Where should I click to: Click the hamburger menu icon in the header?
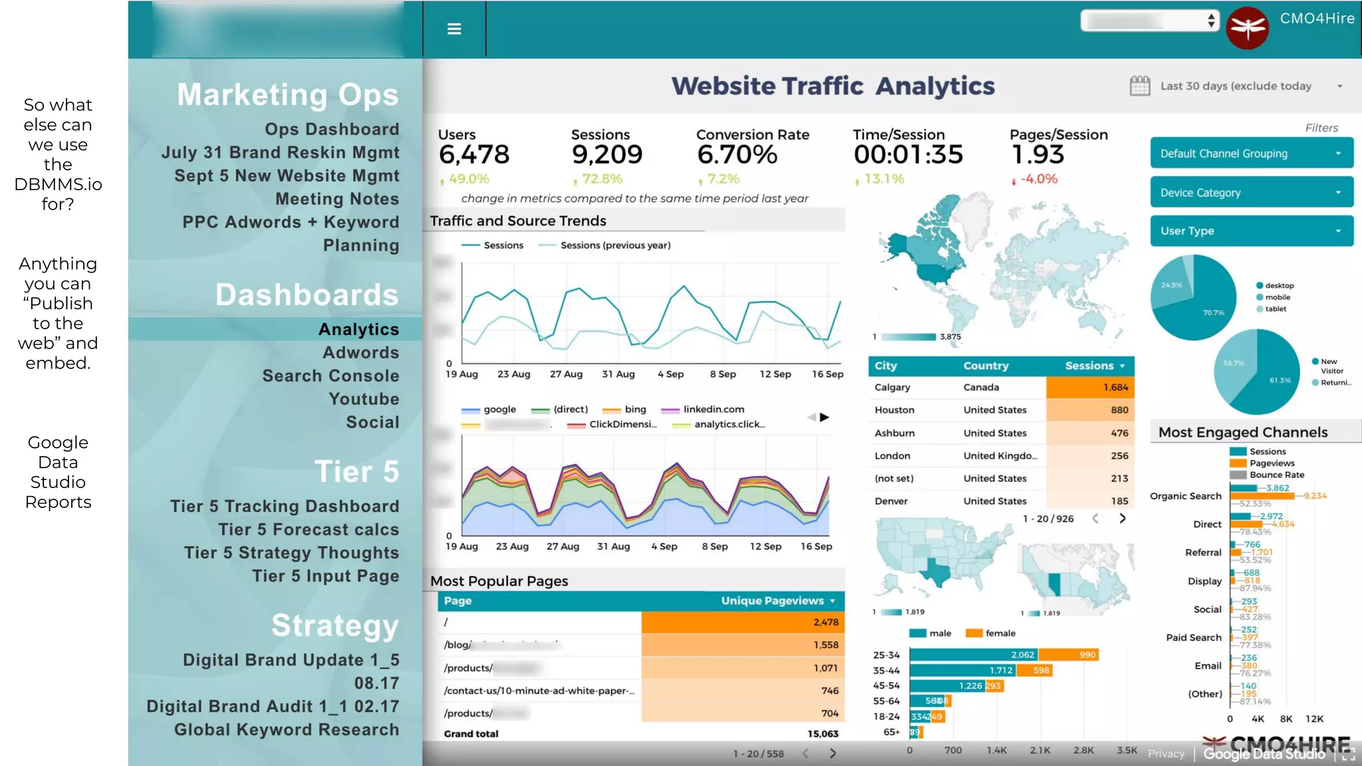(454, 29)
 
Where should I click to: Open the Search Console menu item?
(331, 376)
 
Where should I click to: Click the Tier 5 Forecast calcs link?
(309, 529)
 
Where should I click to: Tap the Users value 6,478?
(474, 155)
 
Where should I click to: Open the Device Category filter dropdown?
(1251, 193)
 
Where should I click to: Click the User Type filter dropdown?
(1251, 231)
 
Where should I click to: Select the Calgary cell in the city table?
(892, 387)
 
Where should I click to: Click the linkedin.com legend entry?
(713, 410)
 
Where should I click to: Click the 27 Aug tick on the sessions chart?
(566, 374)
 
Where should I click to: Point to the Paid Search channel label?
(1193, 638)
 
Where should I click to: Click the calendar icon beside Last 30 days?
(1139, 86)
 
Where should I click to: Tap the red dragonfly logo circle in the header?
(1247, 28)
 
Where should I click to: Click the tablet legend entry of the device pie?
(1275, 309)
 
